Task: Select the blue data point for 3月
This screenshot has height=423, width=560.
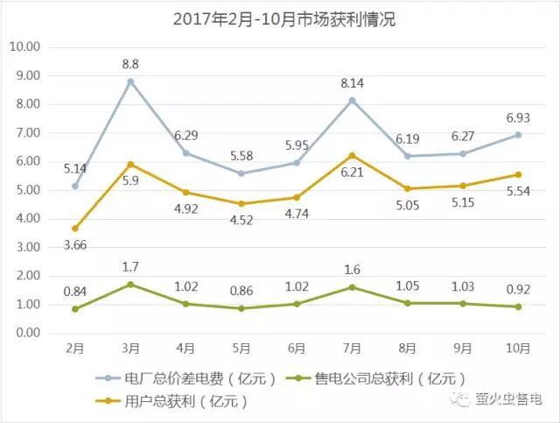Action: click(130, 81)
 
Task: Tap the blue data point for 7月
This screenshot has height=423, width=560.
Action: click(353, 101)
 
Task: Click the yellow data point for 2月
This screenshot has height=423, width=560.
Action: click(75, 229)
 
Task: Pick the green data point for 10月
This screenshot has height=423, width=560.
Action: click(519, 307)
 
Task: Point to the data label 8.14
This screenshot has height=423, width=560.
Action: click(353, 84)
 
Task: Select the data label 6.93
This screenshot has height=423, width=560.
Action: click(517, 116)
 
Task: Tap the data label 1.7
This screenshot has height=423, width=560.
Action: click(130, 264)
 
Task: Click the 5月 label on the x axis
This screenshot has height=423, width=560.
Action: click(241, 348)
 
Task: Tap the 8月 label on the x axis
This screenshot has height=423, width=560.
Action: click(408, 348)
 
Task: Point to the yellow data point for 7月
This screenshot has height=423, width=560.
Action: click(353, 155)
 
